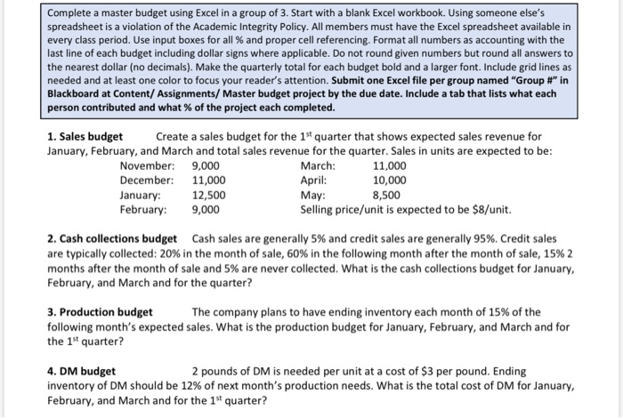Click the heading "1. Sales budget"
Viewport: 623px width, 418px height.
click(85, 136)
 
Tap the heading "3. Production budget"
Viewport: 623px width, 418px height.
click(100, 311)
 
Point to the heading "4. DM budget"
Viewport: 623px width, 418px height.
click(81, 370)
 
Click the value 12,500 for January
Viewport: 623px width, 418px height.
click(209, 195)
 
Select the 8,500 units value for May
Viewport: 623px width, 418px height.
click(386, 195)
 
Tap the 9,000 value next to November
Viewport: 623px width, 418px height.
click(206, 165)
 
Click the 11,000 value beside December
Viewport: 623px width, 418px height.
click(209, 181)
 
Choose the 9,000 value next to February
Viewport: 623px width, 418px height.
click(206, 209)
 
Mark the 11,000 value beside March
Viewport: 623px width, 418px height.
click(390, 165)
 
